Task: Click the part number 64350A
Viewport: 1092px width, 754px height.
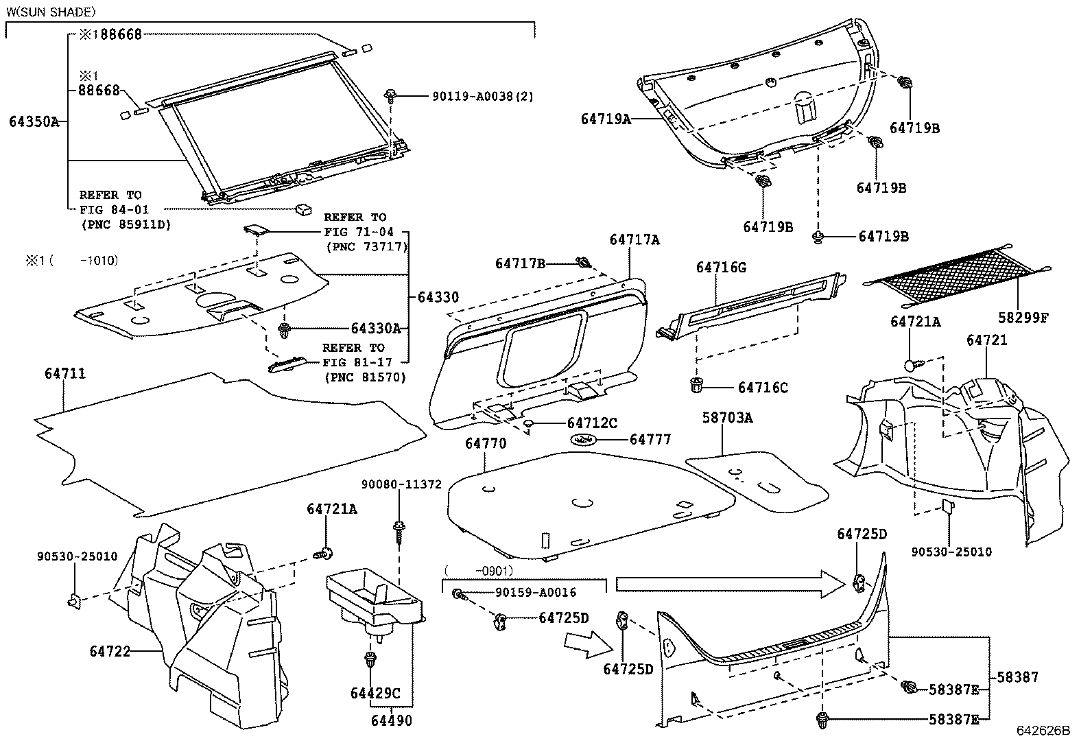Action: (33, 123)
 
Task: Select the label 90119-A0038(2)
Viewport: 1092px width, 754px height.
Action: (477, 97)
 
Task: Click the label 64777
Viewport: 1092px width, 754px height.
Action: (650, 440)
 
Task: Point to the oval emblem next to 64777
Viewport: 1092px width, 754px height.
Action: (583, 440)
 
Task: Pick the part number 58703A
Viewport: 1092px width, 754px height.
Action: (727, 418)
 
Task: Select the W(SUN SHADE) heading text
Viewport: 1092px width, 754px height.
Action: (51, 12)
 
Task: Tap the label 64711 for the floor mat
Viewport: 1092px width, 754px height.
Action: (65, 374)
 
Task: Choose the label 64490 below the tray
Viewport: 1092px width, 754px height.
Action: (392, 720)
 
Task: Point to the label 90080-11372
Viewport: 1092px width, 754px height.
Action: (401, 484)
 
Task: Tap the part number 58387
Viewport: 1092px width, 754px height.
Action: (1017, 677)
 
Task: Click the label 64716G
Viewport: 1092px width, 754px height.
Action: (721, 268)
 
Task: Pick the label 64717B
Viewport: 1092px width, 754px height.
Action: (520, 263)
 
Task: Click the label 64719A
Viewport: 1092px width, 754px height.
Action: (606, 119)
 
